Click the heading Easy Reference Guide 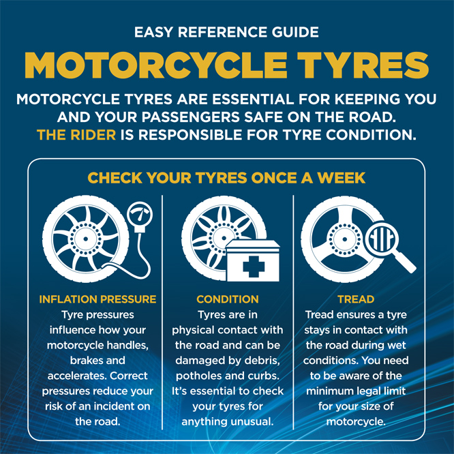click(x=226, y=32)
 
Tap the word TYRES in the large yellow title click(x=363, y=65)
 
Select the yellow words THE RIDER click(x=76, y=135)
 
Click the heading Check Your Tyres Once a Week click(x=226, y=178)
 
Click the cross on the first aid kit click(x=254, y=267)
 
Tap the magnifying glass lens click(x=382, y=239)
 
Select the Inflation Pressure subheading click(x=97, y=299)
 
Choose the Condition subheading click(x=228, y=299)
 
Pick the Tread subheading click(x=356, y=299)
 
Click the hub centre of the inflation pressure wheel click(x=86, y=239)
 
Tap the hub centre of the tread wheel click(x=344, y=239)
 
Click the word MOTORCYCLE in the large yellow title click(x=156, y=65)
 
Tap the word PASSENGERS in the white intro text click(x=190, y=117)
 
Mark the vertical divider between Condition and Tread click(x=293, y=312)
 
